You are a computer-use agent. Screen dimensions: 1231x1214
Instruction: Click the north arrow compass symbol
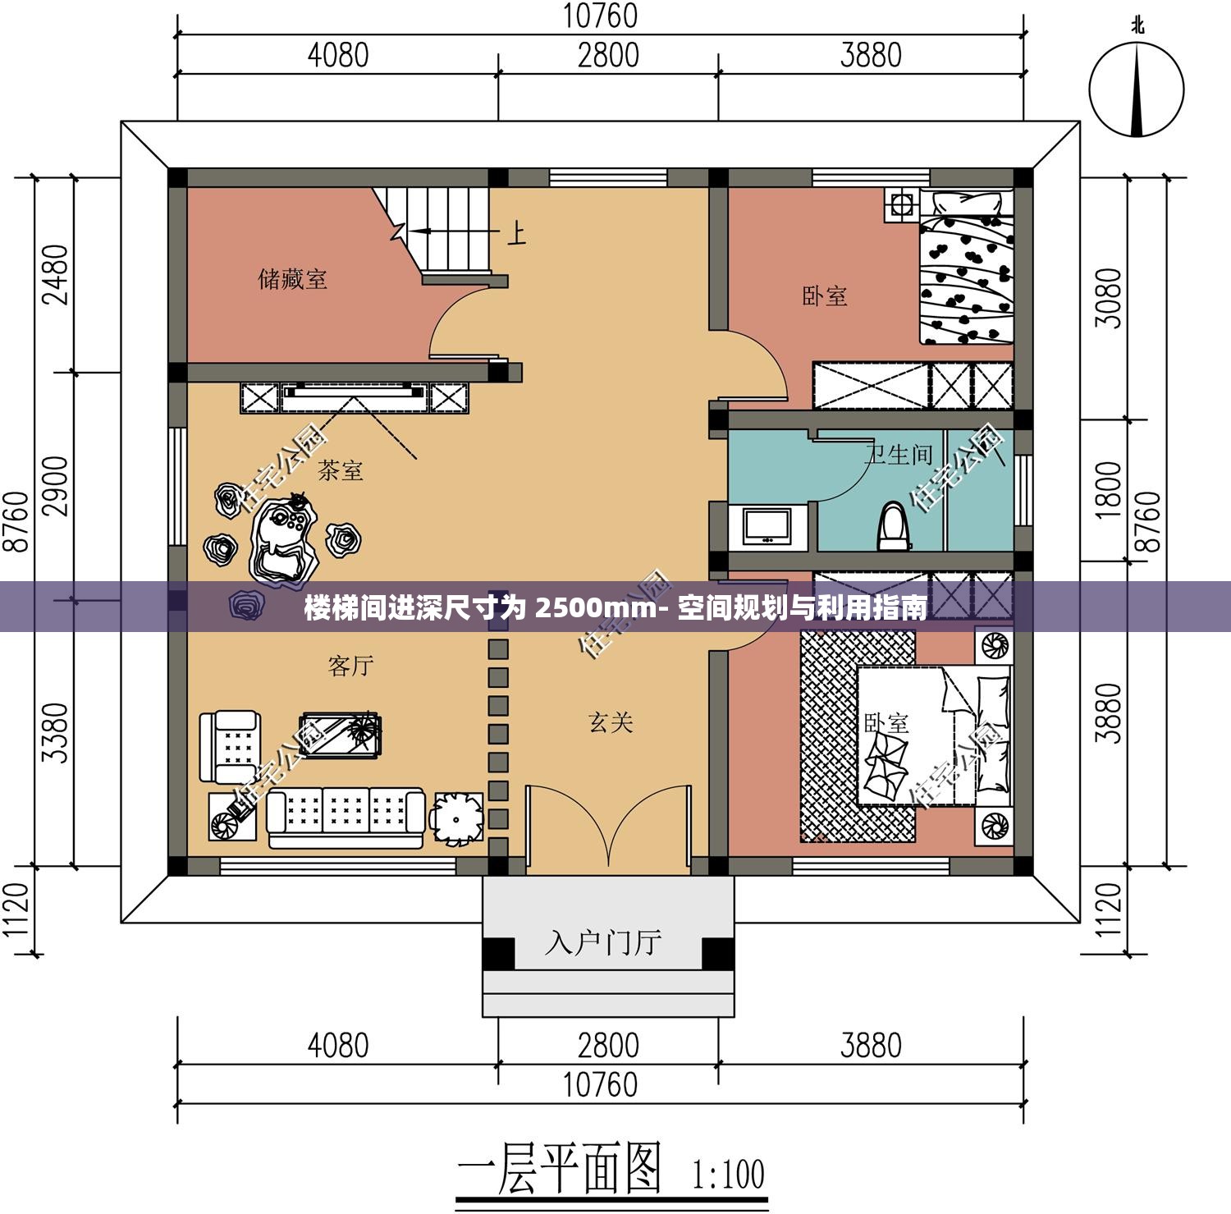coord(1137,89)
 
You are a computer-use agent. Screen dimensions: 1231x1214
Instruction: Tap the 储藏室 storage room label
coord(293,279)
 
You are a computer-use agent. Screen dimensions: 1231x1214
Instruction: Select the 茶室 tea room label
coord(340,470)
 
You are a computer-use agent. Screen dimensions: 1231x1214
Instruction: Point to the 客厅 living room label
coord(350,665)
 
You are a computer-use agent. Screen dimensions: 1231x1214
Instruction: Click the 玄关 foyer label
coord(611,722)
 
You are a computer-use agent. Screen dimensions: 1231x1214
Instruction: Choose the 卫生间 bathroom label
coord(899,454)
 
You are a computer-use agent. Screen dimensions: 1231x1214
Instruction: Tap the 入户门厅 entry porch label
coord(603,942)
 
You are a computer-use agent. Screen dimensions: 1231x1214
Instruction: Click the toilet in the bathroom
coord(894,525)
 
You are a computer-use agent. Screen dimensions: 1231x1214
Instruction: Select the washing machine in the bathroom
coord(767,526)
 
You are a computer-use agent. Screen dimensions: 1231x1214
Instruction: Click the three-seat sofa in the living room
coord(346,818)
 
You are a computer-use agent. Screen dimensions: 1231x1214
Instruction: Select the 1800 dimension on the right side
coord(1108,489)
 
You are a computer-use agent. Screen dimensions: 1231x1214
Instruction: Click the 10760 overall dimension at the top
coord(601,16)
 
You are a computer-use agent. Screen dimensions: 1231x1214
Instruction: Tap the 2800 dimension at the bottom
coord(608,1046)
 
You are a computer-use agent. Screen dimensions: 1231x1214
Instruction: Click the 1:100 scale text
coord(729,1175)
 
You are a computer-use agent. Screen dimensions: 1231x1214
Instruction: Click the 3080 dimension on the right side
coord(1108,298)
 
